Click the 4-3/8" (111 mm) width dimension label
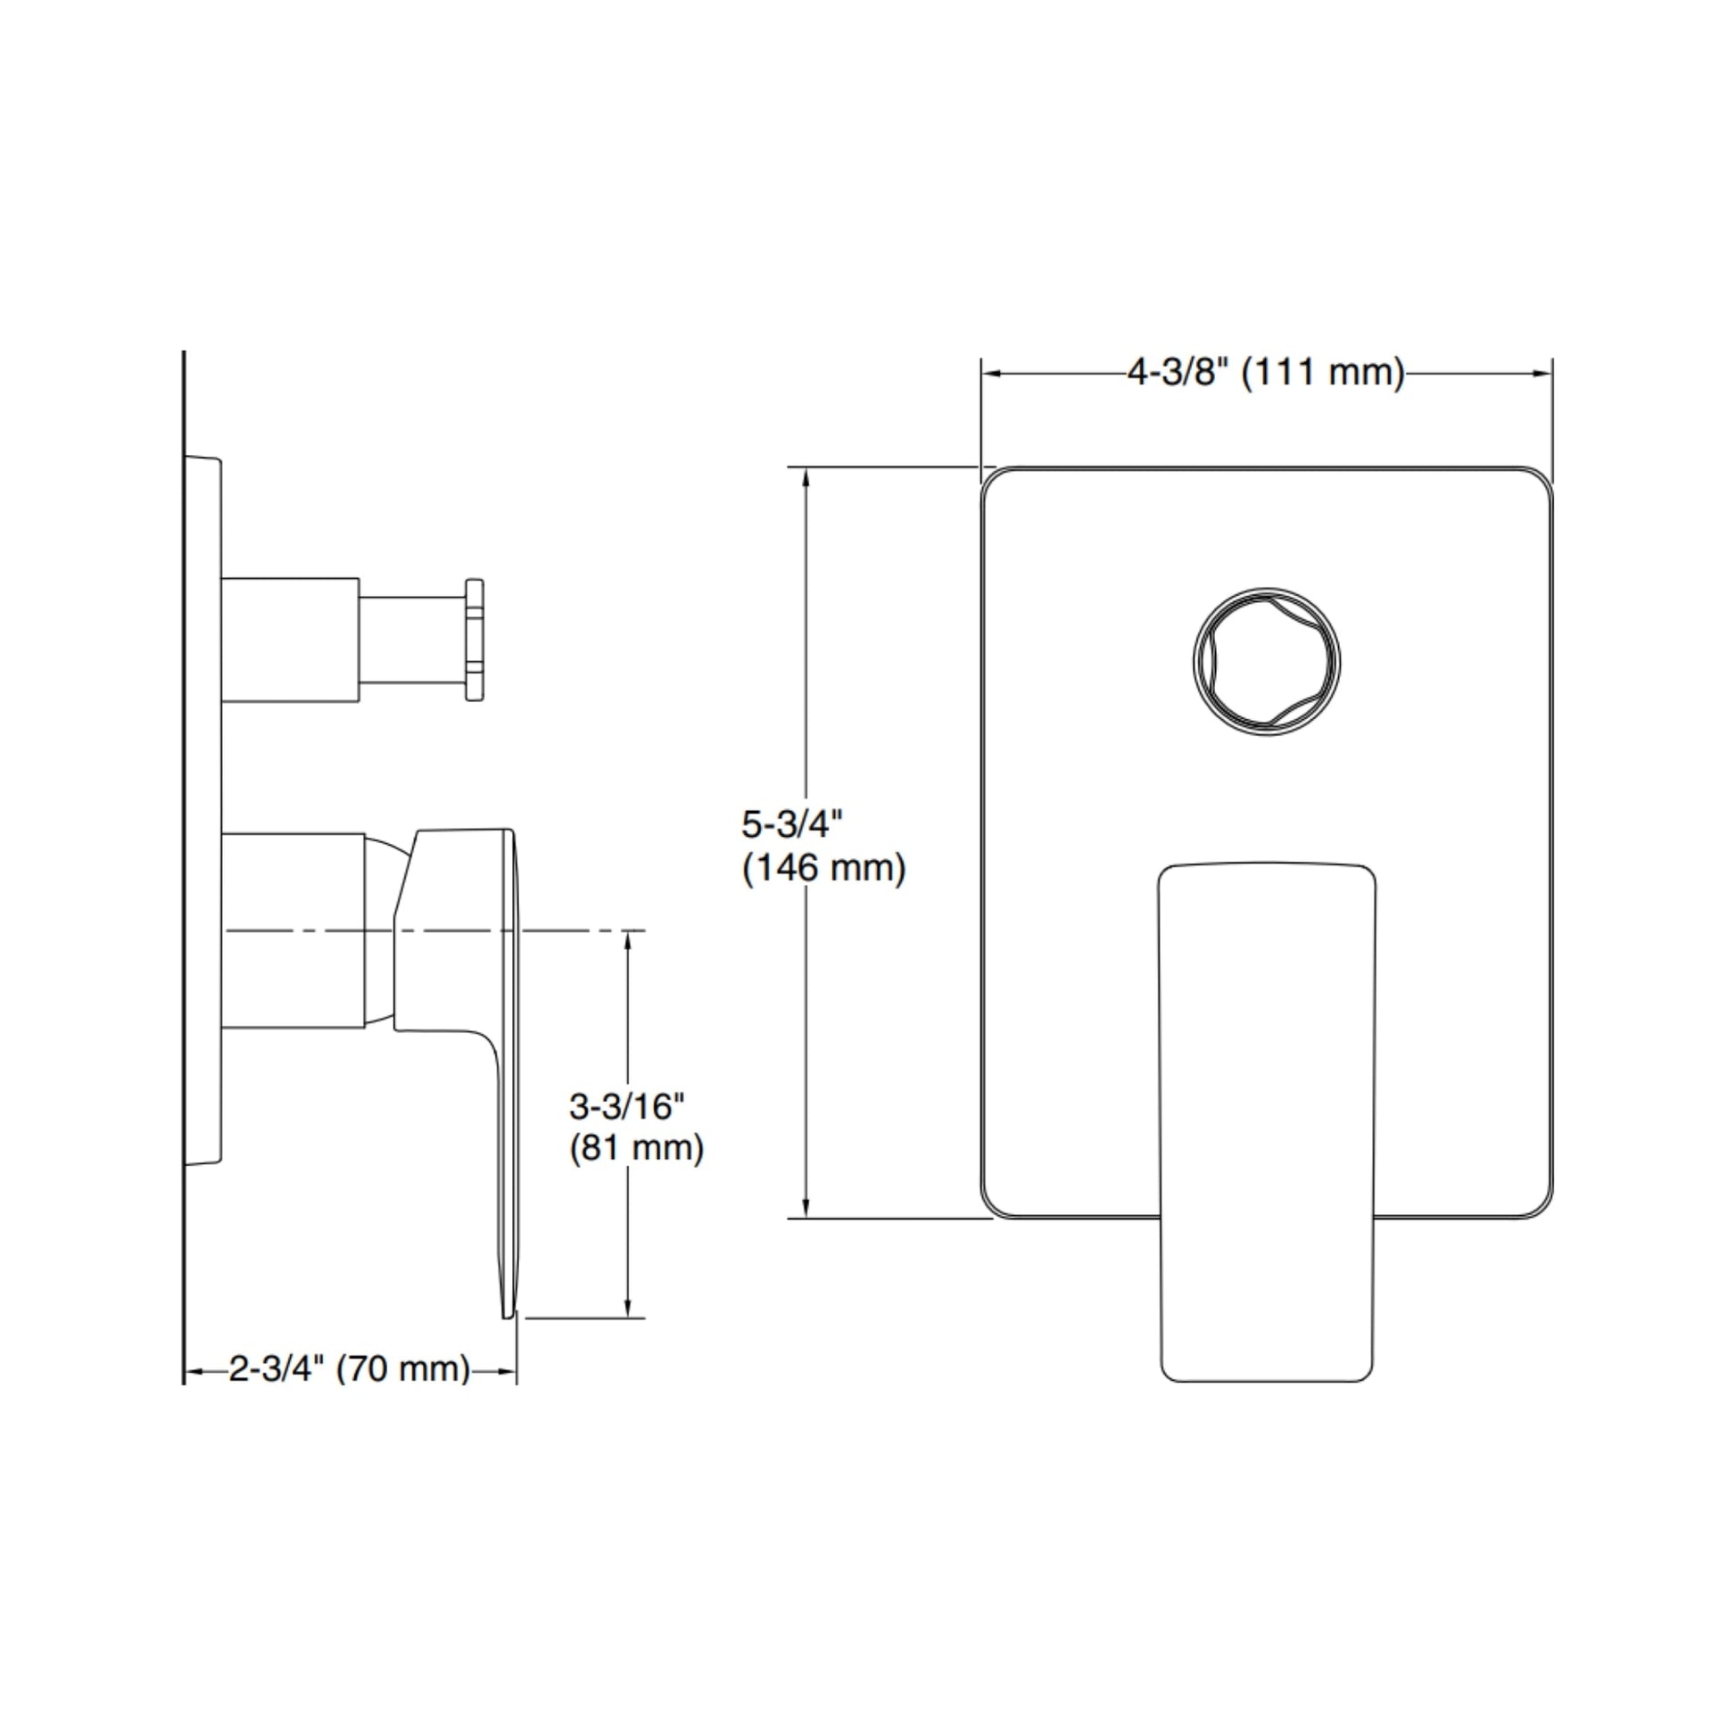coord(1266,372)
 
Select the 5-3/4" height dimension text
coord(791,824)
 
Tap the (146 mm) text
coord(824,868)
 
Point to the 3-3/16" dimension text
coord(626,1106)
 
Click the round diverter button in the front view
coord(1267,661)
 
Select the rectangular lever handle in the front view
coord(1267,1122)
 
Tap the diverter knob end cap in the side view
coord(475,639)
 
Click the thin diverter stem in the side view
coord(412,639)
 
